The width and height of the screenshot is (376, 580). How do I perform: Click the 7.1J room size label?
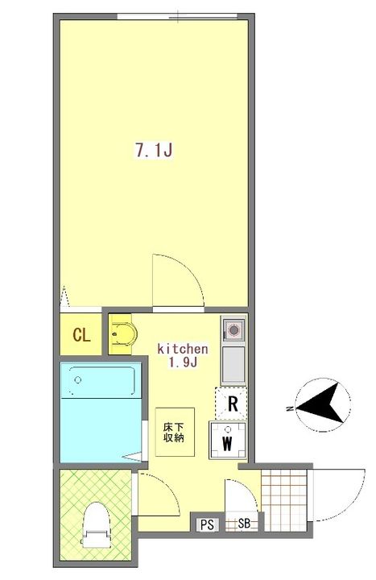(x=154, y=150)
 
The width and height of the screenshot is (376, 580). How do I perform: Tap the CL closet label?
(x=81, y=335)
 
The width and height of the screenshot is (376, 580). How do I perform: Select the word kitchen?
(x=183, y=349)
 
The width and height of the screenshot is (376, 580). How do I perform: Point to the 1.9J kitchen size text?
(x=183, y=362)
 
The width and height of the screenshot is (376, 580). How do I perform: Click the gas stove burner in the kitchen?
(x=233, y=329)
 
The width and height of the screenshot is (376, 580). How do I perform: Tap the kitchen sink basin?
(x=233, y=364)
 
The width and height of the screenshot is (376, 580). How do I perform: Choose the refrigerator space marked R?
(x=231, y=404)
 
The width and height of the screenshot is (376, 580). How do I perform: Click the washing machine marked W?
(x=228, y=440)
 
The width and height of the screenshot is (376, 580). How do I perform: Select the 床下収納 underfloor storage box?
(x=175, y=432)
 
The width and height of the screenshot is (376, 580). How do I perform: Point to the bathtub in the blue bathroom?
(x=101, y=382)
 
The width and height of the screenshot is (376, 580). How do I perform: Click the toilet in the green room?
(x=96, y=524)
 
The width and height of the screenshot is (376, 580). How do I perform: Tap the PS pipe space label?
(x=208, y=524)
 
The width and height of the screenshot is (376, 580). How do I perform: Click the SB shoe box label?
(x=244, y=524)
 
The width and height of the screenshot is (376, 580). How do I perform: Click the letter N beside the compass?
(x=290, y=408)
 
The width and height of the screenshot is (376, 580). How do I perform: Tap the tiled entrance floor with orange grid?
(x=284, y=500)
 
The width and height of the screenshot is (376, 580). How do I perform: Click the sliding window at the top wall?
(x=177, y=16)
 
